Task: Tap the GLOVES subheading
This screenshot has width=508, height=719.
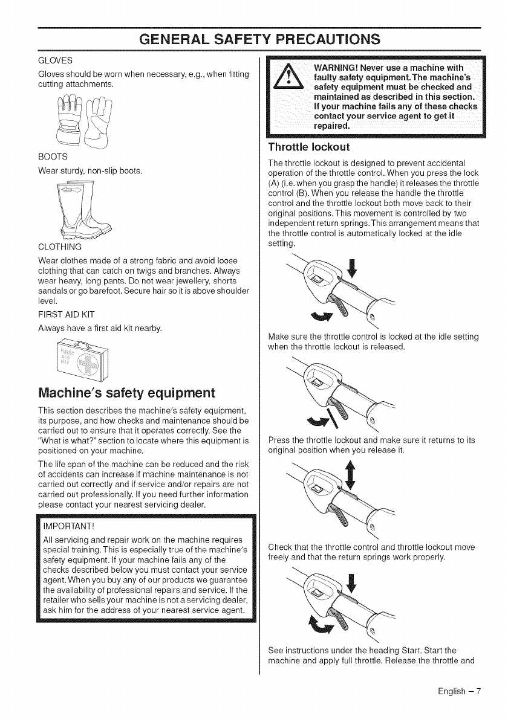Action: point(56,60)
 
